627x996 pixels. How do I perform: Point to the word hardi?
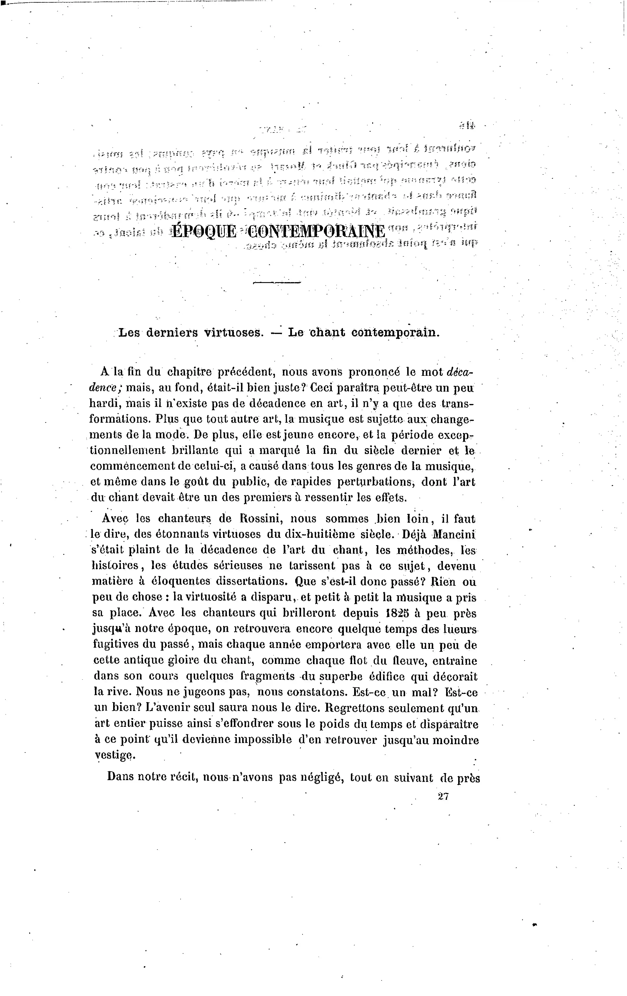tap(105, 403)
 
